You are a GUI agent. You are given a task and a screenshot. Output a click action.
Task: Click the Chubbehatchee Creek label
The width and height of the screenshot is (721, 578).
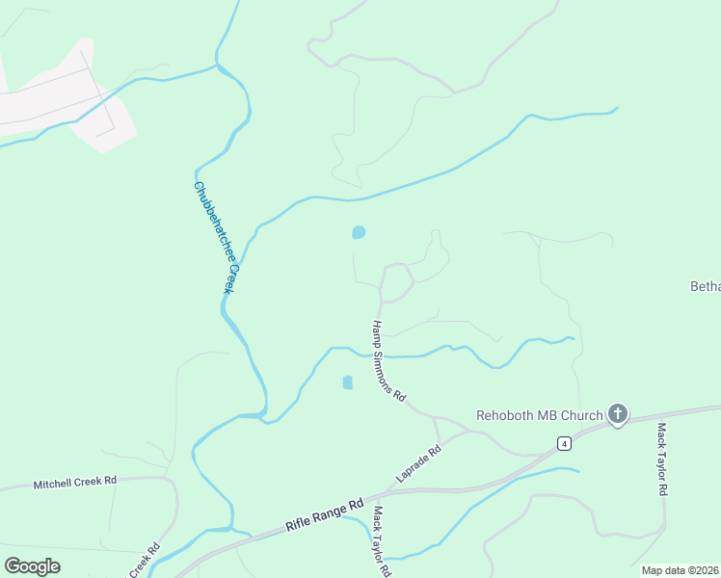point(215,237)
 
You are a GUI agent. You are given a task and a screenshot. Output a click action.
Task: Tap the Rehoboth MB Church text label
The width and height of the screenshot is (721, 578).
point(540,416)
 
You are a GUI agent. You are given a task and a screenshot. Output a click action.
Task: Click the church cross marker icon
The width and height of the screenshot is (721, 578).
point(617,415)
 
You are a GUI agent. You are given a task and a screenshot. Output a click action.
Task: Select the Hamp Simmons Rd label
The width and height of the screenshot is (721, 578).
point(389,361)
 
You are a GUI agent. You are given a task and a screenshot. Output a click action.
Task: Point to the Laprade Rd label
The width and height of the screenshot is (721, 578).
point(417,463)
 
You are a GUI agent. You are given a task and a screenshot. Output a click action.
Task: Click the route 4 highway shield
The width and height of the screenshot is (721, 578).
point(564,443)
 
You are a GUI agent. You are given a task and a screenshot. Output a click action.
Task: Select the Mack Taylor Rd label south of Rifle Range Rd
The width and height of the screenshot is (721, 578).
point(381,540)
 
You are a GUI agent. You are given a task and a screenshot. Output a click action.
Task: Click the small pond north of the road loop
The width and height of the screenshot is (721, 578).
point(359,232)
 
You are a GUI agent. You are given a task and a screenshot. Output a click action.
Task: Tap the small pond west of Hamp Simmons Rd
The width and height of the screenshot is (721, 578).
point(347,382)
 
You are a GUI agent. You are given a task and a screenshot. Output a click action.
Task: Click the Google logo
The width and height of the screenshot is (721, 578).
point(32,566)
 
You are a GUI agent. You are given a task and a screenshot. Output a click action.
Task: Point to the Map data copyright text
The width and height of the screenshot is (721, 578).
point(680,570)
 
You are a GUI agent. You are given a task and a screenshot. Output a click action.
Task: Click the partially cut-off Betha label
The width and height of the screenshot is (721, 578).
point(706,286)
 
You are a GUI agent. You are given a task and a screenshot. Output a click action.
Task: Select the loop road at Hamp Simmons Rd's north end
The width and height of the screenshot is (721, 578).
point(396,281)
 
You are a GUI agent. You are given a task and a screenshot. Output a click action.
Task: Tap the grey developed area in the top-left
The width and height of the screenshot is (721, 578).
point(58,96)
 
